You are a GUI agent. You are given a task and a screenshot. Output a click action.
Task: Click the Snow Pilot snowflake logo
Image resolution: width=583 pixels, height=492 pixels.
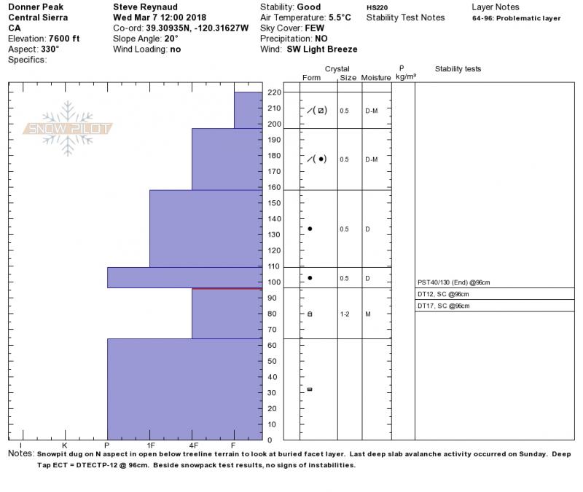(x=69, y=129)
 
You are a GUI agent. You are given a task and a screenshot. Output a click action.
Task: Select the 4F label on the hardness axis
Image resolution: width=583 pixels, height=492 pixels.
(x=193, y=445)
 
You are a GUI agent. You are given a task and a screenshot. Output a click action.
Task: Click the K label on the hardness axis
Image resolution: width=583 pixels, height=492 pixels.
(x=65, y=445)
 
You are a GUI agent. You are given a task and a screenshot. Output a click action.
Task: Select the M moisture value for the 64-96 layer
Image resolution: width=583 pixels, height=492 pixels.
(x=368, y=314)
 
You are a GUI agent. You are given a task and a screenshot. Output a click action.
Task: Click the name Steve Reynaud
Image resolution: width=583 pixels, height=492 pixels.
(x=146, y=7)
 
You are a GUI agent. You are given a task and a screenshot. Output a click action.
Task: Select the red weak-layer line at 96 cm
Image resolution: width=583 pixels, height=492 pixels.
(x=227, y=289)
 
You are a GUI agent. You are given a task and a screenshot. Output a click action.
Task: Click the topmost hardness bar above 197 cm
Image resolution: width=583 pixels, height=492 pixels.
(x=248, y=110)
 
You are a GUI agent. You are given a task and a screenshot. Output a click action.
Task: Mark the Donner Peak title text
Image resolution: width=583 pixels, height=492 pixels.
(x=35, y=7)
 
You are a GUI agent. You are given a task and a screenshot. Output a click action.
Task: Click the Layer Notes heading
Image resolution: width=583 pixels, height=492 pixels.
(x=496, y=7)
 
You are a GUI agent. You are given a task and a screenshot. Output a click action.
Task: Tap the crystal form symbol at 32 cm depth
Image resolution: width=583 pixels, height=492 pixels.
(x=310, y=389)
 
